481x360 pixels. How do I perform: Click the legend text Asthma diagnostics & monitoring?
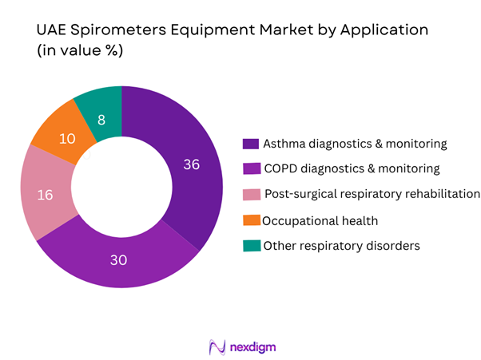coord(354,144)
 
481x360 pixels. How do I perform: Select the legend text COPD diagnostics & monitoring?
coord(352,168)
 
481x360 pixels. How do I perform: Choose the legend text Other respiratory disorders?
coord(341,245)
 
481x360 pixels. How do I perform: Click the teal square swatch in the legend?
coord(250,246)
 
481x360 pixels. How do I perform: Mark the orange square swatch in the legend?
coord(250,220)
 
